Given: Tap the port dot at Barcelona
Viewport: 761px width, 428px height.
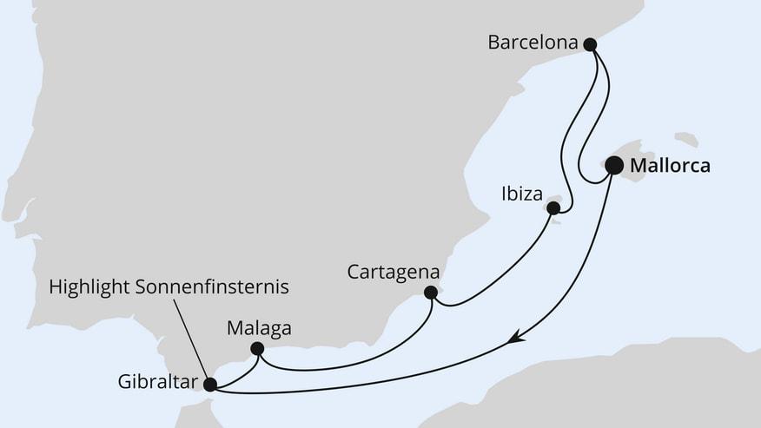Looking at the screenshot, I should pos(590,43).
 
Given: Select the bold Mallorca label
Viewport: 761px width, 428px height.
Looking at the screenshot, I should pos(670,165).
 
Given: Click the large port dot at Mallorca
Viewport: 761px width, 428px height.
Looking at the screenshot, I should pos(614,165).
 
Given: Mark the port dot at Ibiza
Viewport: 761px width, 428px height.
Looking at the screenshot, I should pos(553,207).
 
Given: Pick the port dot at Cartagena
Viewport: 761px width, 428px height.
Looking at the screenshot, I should pos(430,293).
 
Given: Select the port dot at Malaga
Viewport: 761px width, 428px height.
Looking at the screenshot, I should pos(256,349).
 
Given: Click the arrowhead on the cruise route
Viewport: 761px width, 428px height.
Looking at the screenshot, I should pos(515,337).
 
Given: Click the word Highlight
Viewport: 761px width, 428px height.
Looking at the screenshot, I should pos(89,285).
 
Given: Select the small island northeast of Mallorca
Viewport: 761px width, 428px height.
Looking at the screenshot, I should pos(686,139).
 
